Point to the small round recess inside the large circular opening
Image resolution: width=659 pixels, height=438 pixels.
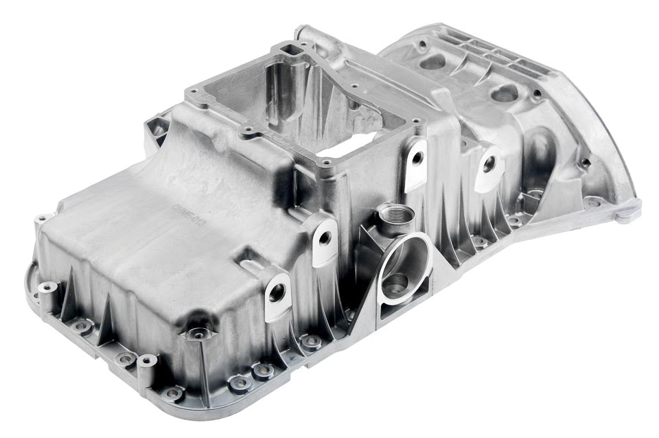coord(395,283)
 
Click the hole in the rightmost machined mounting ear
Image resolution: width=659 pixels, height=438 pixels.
coord(488,165)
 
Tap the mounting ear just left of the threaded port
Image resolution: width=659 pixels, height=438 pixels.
coord(325,238)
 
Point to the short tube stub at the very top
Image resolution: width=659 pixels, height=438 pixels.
coord(305,34)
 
